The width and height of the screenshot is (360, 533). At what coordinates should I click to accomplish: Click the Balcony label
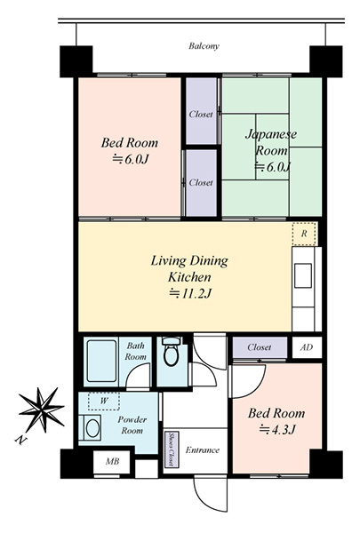(204, 46)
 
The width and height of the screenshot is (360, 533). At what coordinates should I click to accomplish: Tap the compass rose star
(41, 409)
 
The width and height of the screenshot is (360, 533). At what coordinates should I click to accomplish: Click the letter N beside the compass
(20, 440)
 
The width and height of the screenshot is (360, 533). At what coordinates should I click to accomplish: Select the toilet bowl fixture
(172, 352)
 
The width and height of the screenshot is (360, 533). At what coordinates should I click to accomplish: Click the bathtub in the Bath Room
(101, 361)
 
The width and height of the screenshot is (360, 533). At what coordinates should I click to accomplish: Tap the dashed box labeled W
(104, 402)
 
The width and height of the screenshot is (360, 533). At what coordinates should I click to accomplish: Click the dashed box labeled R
(305, 234)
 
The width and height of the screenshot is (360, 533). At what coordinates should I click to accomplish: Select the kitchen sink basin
(303, 275)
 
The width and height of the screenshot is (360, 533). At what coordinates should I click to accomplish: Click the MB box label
(112, 461)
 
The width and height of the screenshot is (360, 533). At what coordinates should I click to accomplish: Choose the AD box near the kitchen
(307, 347)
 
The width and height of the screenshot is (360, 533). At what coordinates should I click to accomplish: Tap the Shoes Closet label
(172, 449)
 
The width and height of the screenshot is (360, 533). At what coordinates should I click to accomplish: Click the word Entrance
(203, 450)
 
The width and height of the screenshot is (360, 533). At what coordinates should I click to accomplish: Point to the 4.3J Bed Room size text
(276, 430)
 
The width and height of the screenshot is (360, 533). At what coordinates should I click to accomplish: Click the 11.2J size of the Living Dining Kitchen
(190, 293)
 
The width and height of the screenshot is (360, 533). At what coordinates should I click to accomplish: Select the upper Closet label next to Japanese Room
(201, 115)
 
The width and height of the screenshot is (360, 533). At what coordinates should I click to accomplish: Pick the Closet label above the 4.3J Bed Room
(260, 347)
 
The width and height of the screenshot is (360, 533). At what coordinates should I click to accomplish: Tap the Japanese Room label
(271, 142)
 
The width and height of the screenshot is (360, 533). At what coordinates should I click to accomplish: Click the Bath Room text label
(135, 351)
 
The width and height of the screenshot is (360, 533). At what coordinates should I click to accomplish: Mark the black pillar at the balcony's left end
(76, 61)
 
